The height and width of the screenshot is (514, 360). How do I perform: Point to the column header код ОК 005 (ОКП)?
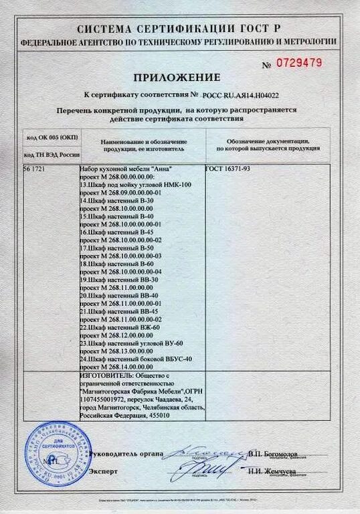52,137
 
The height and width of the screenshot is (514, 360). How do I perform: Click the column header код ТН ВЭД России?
52,155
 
